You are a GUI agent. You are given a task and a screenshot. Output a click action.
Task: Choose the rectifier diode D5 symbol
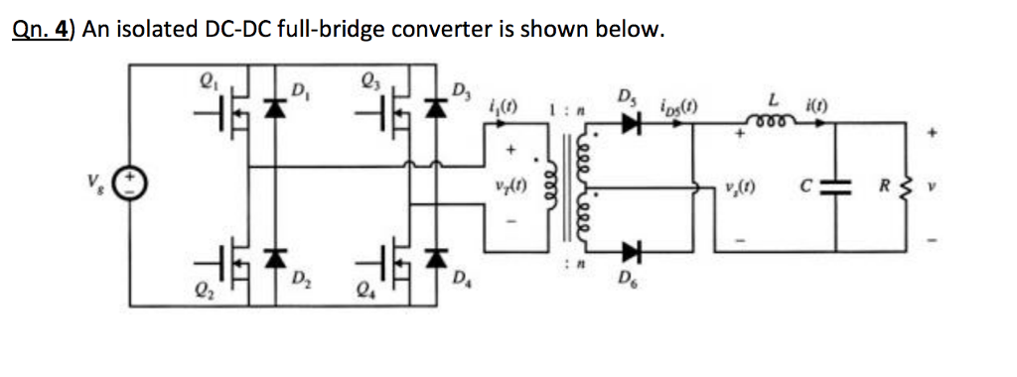click(630, 124)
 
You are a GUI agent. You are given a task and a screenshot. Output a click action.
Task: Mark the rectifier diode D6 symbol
click(630, 251)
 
